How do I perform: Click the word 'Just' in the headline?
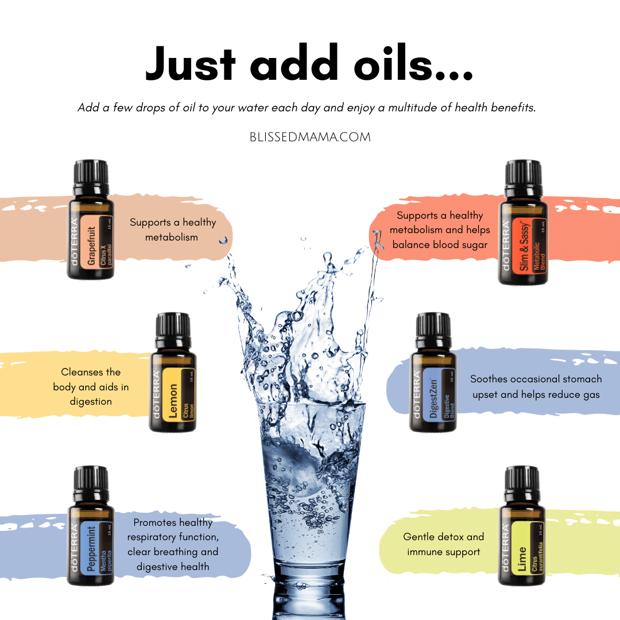pyautogui.click(x=190, y=63)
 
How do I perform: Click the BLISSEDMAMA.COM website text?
pyautogui.click(x=310, y=137)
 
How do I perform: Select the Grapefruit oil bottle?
pyautogui.click(x=91, y=219)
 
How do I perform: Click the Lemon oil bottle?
pyautogui.click(x=173, y=372)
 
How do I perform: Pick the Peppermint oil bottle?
pyautogui.click(x=91, y=525)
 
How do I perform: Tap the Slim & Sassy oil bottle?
pyautogui.click(x=523, y=222)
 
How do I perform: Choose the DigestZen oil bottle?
pyautogui.click(x=433, y=372)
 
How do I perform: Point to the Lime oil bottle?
pyautogui.click(x=522, y=525)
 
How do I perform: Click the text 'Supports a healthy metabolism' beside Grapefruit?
pyautogui.click(x=173, y=230)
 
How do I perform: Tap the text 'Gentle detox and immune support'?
pyautogui.click(x=444, y=544)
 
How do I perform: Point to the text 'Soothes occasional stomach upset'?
pyautogui.click(x=536, y=386)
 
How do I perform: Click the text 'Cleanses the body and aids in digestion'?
pyautogui.click(x=91, y=387)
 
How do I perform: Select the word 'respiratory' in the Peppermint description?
pyautogui.click(x=152, y=537)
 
